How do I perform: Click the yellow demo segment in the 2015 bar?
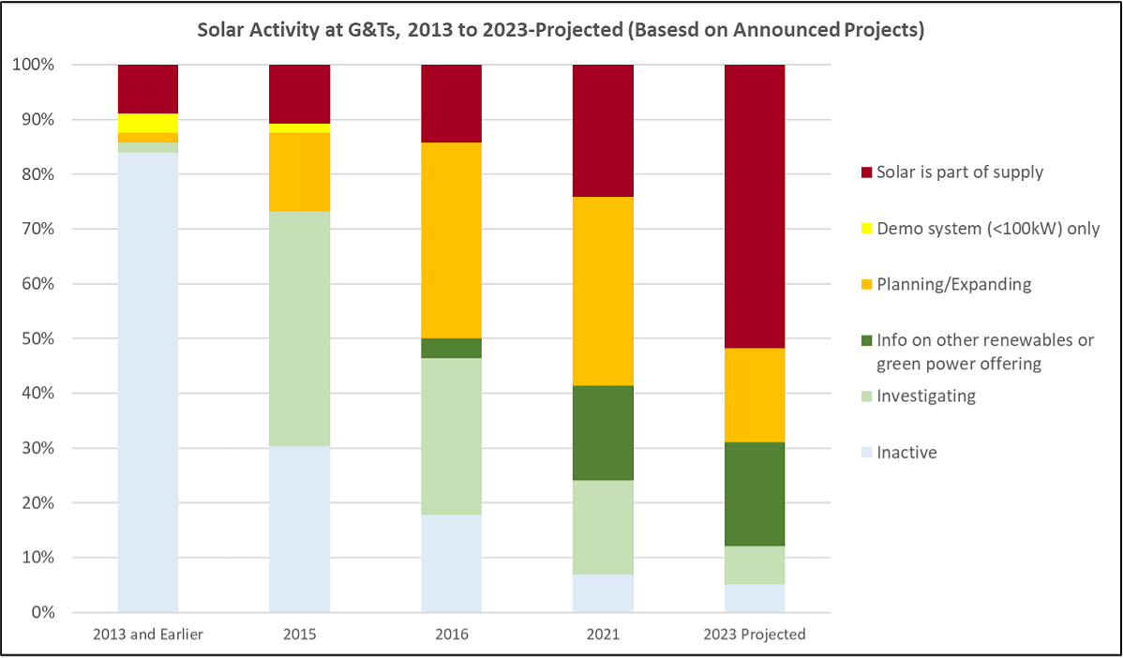(299, 128)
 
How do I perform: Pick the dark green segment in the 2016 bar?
(451, 348)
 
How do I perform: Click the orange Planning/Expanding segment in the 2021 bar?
(603, 291)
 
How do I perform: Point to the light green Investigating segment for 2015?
(299, 328)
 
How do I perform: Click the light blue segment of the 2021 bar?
(603, 592)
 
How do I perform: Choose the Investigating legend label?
(925, 396)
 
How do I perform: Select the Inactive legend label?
(906, 452)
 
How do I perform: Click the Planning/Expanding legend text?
(953, 284)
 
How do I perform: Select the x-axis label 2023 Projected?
(755, 635)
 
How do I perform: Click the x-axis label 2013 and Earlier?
(148, 635)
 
